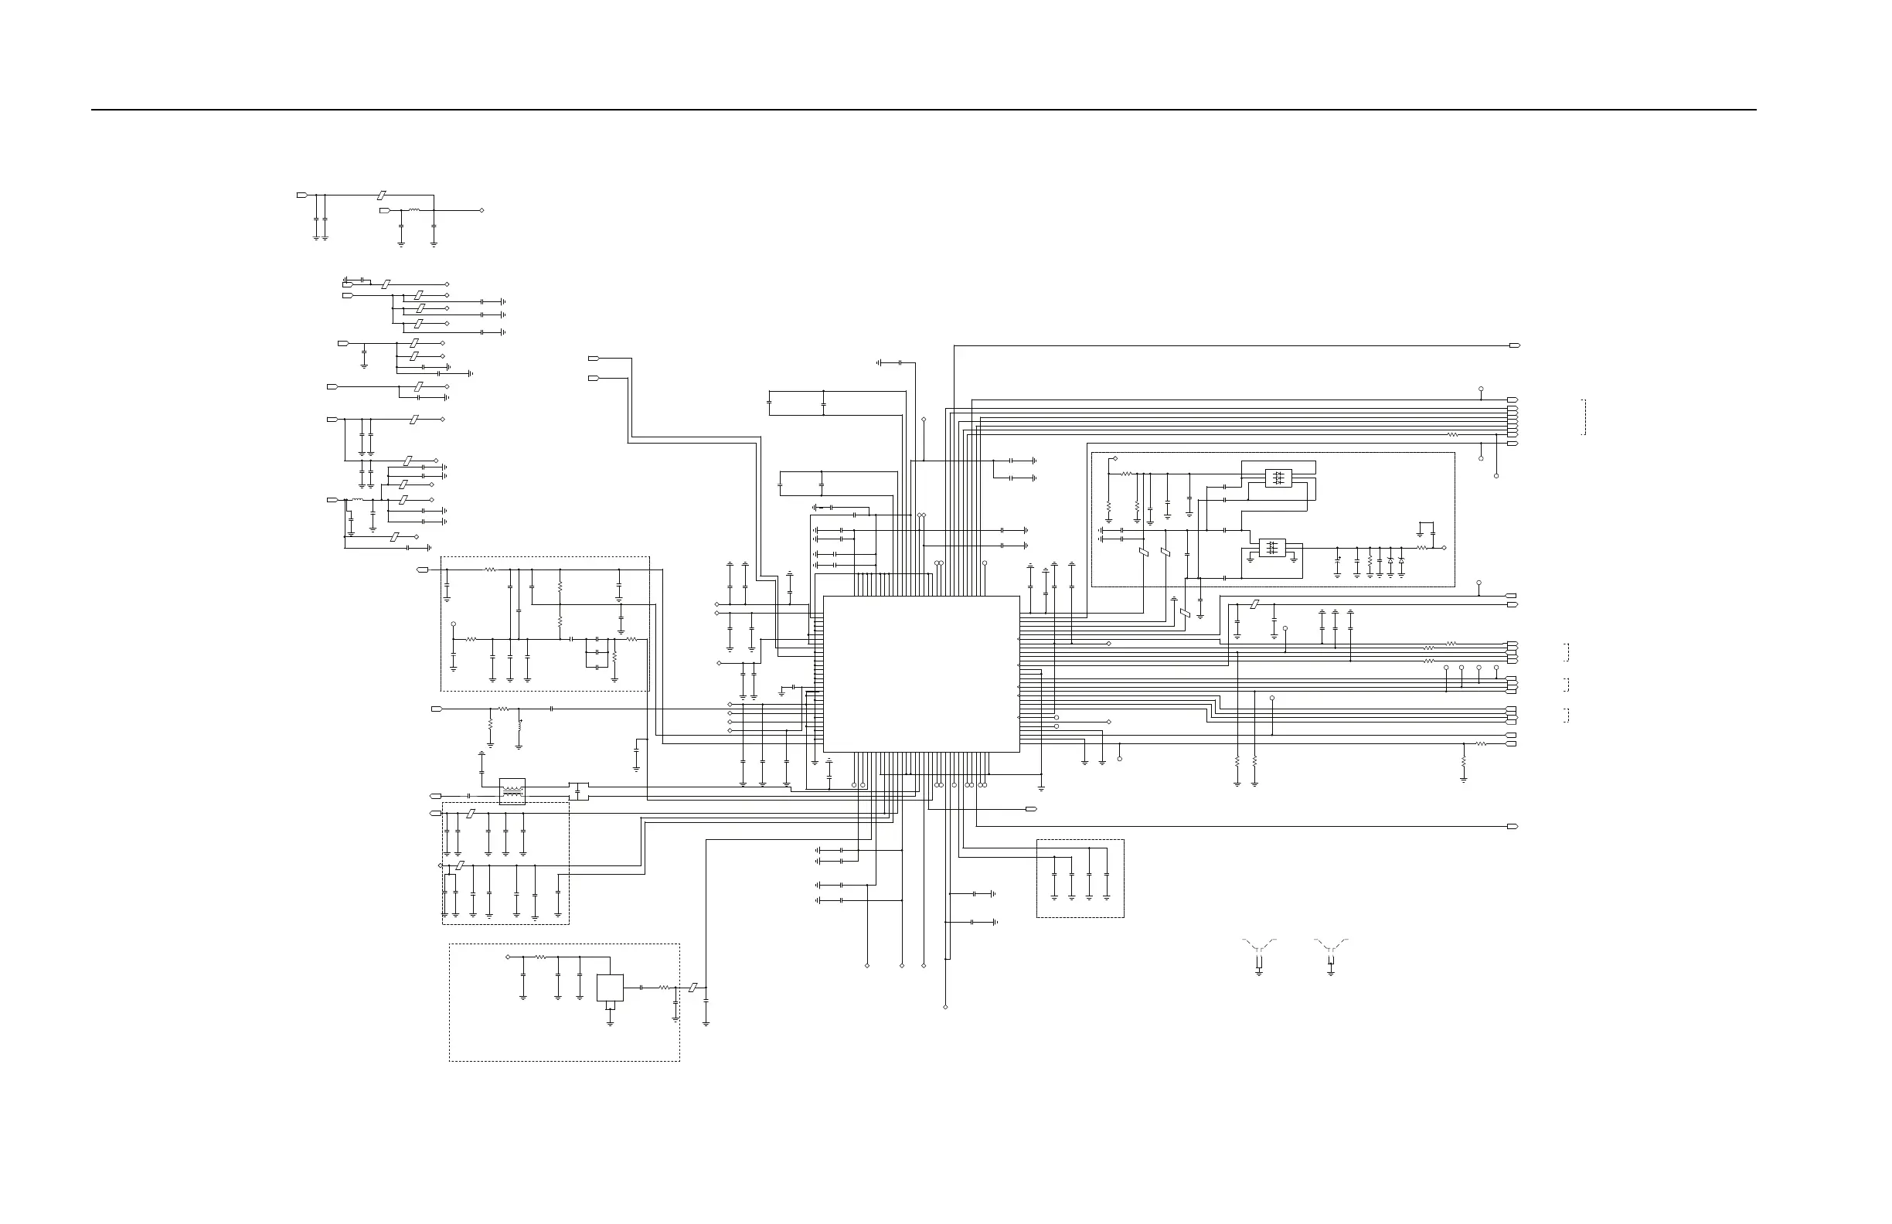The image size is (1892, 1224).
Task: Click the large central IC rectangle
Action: click(x=920, y=674)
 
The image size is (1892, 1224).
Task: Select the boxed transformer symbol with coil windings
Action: click(x=512, y=790)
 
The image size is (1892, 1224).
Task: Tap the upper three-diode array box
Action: click(x=1278, y=478)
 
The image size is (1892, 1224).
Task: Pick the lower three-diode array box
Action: click(x=1272, y=548)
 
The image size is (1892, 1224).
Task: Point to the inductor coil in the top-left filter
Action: click(x=414, y=211)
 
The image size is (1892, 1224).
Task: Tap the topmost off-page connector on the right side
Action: click(x=1513, y=345)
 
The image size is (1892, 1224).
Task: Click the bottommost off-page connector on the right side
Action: click(x=1512, y=827)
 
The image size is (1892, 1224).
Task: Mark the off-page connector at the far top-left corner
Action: click(x=302, y=195)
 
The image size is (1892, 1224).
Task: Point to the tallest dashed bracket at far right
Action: click(x=1584, y=417)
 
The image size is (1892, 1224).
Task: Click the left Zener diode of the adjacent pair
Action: click(x=1390, y=560)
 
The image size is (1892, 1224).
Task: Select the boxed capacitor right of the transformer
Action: click(x=579, y=790)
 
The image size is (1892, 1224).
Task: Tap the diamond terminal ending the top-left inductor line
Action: click(x=482, y=211)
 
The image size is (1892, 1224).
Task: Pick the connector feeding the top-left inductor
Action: click(x=385, y=211)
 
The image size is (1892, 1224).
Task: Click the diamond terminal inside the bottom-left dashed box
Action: click(x=507, y=957)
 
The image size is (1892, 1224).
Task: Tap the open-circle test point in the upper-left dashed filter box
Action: click(x=453, y=624)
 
